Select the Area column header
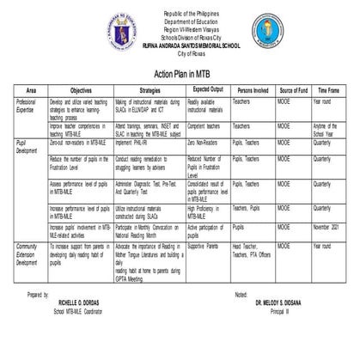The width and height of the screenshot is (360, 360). pos(31,88)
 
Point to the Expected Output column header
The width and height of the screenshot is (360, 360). pos(210,88)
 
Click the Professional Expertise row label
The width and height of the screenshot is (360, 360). pos(29,104)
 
